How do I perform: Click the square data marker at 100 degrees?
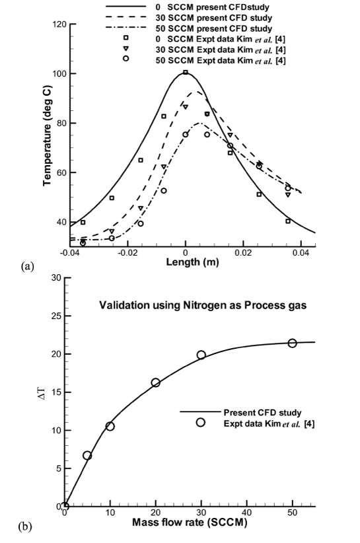tap(186, 73)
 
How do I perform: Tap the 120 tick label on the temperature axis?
tap(59, 24)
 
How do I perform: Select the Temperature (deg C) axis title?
tap(47, 136)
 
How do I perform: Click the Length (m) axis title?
tap(192, 262)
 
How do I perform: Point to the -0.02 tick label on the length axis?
tap(127, 252)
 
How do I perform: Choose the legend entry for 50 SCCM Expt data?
tap(204, 61)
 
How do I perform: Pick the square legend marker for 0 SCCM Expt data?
tap(126, 38)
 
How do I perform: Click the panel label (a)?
tap(28, 266)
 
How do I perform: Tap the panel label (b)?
tap(24, 526)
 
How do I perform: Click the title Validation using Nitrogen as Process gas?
tap(203, 305)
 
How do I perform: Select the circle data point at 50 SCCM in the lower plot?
tap(293, 344)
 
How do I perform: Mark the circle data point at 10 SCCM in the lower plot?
tap(110, 426)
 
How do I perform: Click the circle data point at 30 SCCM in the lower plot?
tap(201, 355)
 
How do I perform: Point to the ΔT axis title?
tap(41, 392)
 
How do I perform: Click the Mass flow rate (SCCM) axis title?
tap(190, 523)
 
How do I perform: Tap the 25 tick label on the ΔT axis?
tap(56, 316)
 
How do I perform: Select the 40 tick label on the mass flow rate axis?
tap(247, 512)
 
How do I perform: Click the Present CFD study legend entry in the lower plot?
tap(241, 412)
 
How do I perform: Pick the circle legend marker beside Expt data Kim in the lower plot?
tap(200, 423)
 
